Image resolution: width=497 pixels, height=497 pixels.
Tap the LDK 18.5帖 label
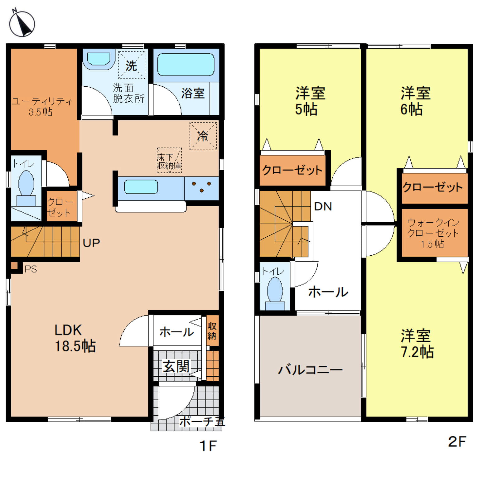pyautogui.click(x=75, y=338)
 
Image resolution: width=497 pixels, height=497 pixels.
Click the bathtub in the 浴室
pyautogui.click(x=186, y=65)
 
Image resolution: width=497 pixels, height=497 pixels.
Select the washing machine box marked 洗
pyautogui.click(x=132, y=65)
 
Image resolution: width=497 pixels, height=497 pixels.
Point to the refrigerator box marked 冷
pyautogui.click(x=203, y=136)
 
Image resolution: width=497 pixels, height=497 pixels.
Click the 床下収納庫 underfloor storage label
pyautogui.click(x=169, y=161)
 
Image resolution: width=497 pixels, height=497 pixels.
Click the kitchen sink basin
pyautogui.click(x=141, y=187)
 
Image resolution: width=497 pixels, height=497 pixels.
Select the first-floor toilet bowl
pyautogui.click(x=26, y=184)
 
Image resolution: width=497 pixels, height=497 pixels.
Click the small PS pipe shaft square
pyautogui.click(x=14, y=266)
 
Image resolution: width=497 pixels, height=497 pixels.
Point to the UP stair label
pyautogui.click(x=91, y=243)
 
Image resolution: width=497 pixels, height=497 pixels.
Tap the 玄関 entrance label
pyautogui.click(x=176, y=366)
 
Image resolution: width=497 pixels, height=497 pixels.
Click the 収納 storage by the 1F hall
pyautogui.click(x=212, y=331)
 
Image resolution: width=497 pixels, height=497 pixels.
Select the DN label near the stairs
pyautogui.click(x=323, y=206)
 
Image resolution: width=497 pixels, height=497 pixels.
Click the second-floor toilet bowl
pyautogui.click(x=275, y=289)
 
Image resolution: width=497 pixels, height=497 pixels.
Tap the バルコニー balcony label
pyautogui.click(x=310, y=370)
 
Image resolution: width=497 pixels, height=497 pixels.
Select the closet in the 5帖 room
pyautogui.click(x=292, y=170)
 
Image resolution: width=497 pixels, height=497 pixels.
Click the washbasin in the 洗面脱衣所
pyautogui.click(x=99, y=59)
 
